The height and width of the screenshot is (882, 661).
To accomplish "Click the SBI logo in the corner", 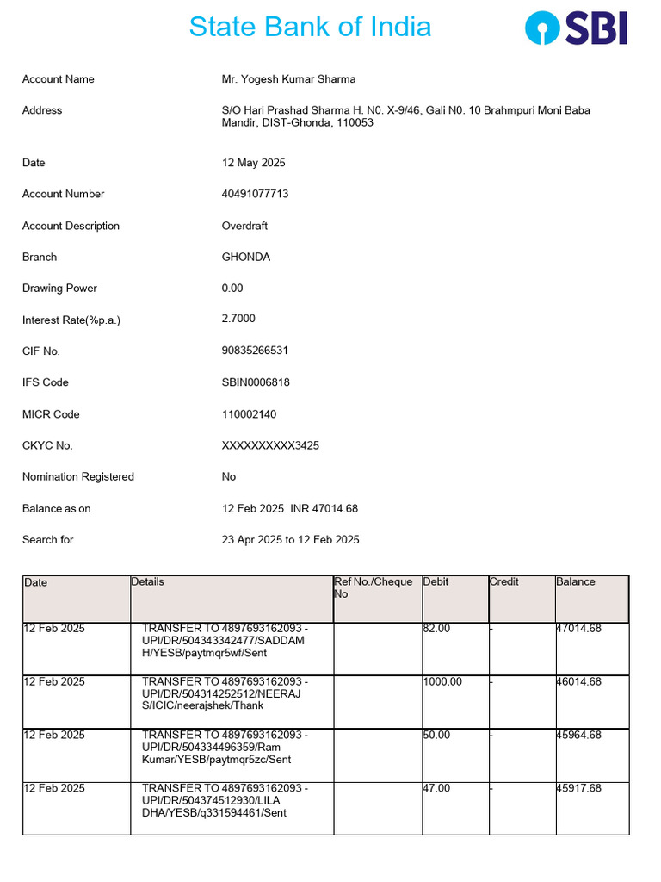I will point(576,28).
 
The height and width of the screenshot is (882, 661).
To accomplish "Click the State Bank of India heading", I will point(310,27).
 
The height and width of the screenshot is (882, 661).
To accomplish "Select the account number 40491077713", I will point(255,194).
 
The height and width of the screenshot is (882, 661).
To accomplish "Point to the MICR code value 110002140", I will point(249,414).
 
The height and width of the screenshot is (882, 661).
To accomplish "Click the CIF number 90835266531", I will point(255,351).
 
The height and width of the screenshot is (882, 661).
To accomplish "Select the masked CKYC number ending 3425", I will point(270,445).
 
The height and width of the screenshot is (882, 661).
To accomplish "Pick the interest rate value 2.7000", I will point(238,319).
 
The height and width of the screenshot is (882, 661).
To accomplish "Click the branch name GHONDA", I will point(245,257).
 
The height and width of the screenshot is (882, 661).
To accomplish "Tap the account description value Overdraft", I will point(244,226).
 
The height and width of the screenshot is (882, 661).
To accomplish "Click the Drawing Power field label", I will point(59,288).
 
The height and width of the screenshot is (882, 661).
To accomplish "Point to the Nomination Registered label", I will point(77,476).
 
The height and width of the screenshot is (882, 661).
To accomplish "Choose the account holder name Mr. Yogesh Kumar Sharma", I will point(288,79).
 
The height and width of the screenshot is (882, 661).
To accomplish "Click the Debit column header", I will point(436,582).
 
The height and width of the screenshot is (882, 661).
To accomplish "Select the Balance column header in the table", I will point(575,582).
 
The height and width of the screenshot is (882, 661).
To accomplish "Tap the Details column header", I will point(147,582).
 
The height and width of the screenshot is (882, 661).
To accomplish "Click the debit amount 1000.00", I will point(442,682).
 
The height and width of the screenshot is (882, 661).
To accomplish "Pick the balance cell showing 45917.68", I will point(578,788).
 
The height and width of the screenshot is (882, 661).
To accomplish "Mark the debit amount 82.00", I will point(436,629).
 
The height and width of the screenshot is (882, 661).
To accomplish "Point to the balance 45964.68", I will point(578,735).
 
